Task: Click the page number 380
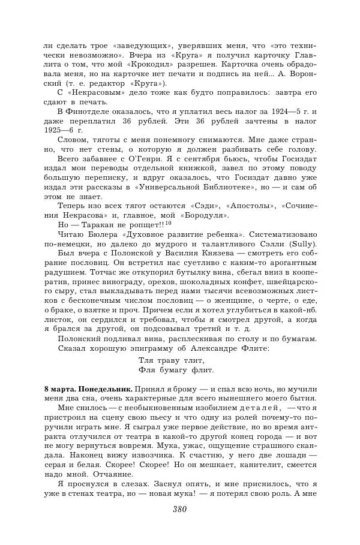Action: [179, 510]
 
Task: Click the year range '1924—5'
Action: [284, 112]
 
